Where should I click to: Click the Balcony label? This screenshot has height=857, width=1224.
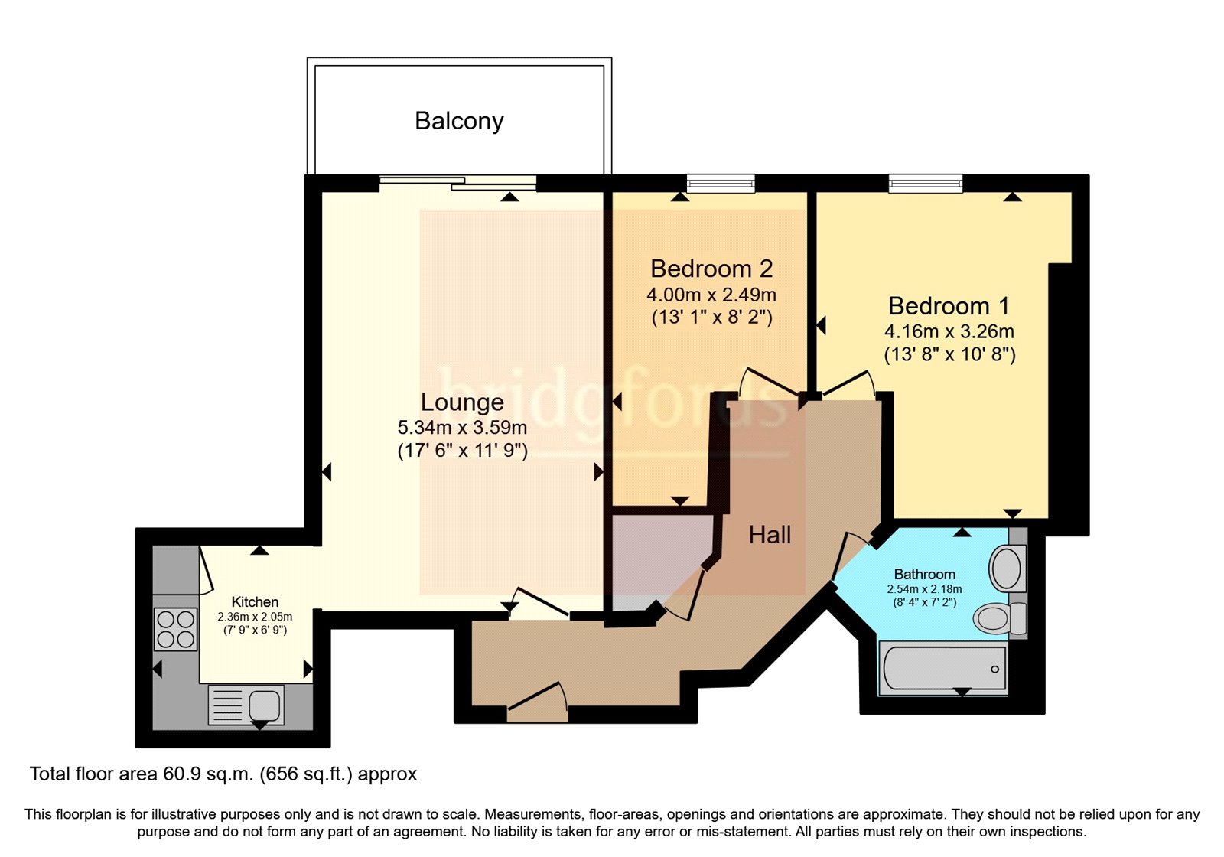(x=459, y=122)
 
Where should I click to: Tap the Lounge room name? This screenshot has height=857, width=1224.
(x=462, y=402)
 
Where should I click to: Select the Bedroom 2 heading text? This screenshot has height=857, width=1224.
(x=711, y=269)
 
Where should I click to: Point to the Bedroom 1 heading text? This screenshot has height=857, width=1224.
(x=949, y=306)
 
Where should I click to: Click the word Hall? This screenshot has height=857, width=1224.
(x=770, y=535)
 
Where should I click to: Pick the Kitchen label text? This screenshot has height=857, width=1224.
(x=255, y=601)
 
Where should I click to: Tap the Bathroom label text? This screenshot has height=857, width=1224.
(x=925, y=575)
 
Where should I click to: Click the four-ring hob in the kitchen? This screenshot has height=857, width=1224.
(x=175, y=629)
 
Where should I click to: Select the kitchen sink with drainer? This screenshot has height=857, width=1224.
(x=246, y=705)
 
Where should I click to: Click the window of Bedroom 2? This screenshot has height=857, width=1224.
(x=721, y=184)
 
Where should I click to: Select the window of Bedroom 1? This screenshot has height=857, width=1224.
(x=925, y=184)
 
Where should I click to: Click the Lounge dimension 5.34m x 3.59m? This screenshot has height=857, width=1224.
(x=462, y=427)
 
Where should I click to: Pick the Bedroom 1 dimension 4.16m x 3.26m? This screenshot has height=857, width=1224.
(x=949, y=331)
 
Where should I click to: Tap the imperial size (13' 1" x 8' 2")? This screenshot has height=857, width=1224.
(x=712, y=318)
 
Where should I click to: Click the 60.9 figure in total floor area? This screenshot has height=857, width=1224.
(x=183, y=774)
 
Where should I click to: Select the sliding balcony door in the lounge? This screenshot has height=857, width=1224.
(x=458, y=183)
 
